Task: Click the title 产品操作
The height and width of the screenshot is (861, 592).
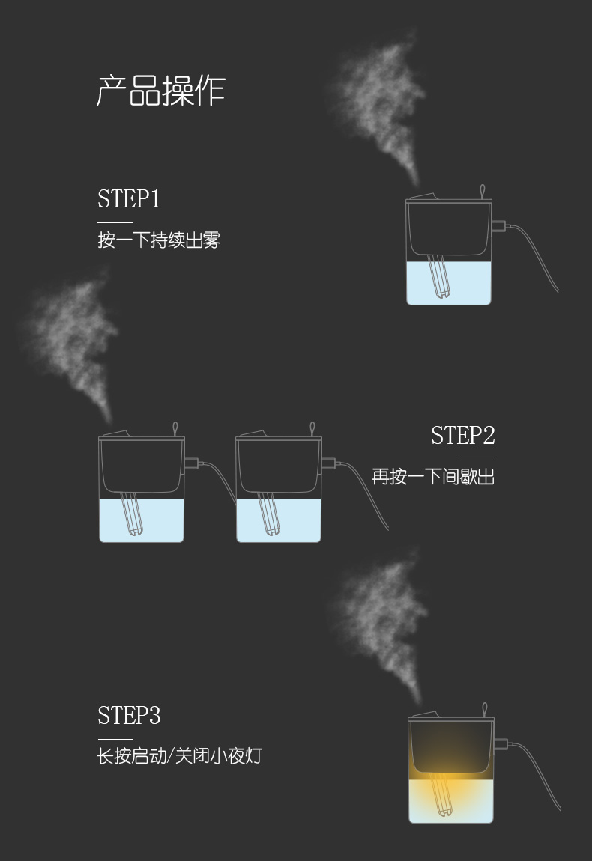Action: click(161, 91)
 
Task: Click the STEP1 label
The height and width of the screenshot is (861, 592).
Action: click(129, 199)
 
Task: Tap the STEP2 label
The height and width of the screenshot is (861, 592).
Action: click(462, 436)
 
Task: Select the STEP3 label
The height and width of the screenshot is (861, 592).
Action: click(129, 716)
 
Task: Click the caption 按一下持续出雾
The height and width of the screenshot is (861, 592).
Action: click(159, 240)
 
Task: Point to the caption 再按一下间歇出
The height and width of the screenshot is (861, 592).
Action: click(433, 476)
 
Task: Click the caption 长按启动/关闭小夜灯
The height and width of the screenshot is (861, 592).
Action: click(180, 755)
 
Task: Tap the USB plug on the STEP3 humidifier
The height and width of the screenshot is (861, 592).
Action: click(501, 744)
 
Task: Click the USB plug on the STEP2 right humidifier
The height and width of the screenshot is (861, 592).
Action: click(328, 463)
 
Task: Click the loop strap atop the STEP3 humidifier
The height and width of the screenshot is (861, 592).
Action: click(485, 709)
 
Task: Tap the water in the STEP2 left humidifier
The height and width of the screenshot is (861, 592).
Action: click(157, 520)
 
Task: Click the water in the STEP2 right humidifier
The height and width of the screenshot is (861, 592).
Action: click(296, 520)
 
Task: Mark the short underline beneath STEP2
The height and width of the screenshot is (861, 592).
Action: click(477, 460)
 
